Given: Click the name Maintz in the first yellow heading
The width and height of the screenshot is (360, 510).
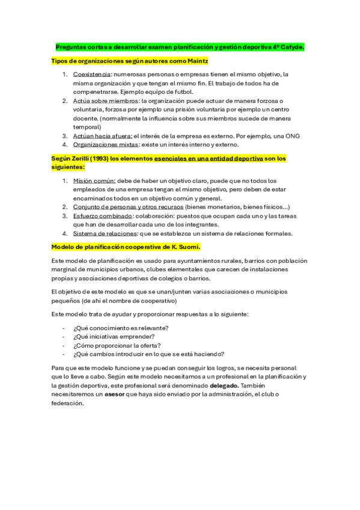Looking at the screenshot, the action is (x=197, y=61).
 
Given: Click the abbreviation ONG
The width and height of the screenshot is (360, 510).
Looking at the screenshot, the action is (x=293, y=135).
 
